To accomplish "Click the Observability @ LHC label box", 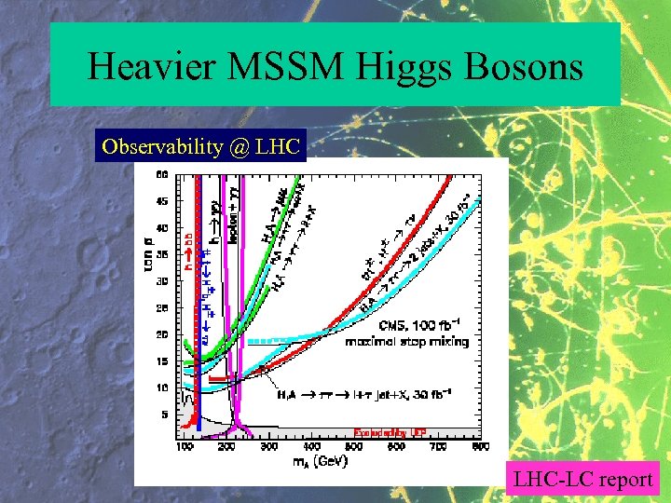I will (200, 147).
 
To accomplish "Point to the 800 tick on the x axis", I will (479, 447).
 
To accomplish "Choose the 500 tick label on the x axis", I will (353, 447).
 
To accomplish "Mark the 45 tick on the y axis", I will (161, 199).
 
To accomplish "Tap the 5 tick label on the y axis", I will (164, 414).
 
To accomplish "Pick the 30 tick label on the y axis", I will (161, 280).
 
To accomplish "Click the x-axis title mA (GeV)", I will (316, 461).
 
